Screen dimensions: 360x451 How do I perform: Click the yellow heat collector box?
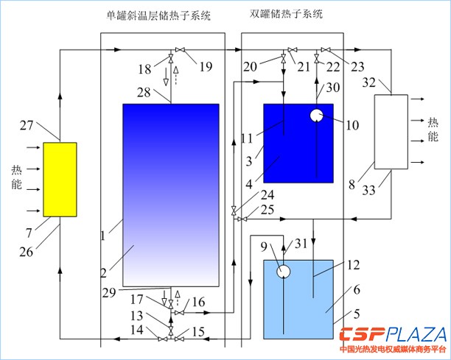click(x=60, y=179)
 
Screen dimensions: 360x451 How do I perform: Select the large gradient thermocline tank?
click(x=170, y=194)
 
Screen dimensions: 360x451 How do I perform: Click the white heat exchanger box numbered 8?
click(x=391, y=130)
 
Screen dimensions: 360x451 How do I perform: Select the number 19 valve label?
click(x=206, y=67)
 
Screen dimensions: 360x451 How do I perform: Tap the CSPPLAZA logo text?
click(x=394, y=333)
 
